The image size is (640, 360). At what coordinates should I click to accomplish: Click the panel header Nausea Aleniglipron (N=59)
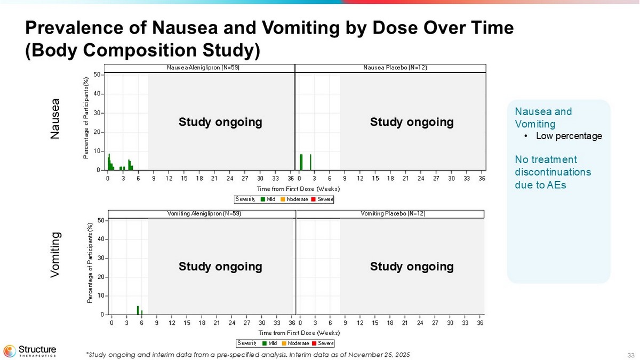point(199,68)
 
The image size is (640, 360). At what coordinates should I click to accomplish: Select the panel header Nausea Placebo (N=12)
point(395,68)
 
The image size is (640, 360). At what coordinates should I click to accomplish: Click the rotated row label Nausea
point(55,119)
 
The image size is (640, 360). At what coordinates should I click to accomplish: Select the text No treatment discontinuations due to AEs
point(546,172)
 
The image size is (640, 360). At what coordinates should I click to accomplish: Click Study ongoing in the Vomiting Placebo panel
point(412,266)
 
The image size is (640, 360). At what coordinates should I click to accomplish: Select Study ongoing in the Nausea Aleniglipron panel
point(220,122)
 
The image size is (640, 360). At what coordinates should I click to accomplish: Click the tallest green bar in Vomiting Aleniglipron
point(138,310)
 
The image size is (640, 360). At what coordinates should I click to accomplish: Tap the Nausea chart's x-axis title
point(298,189)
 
